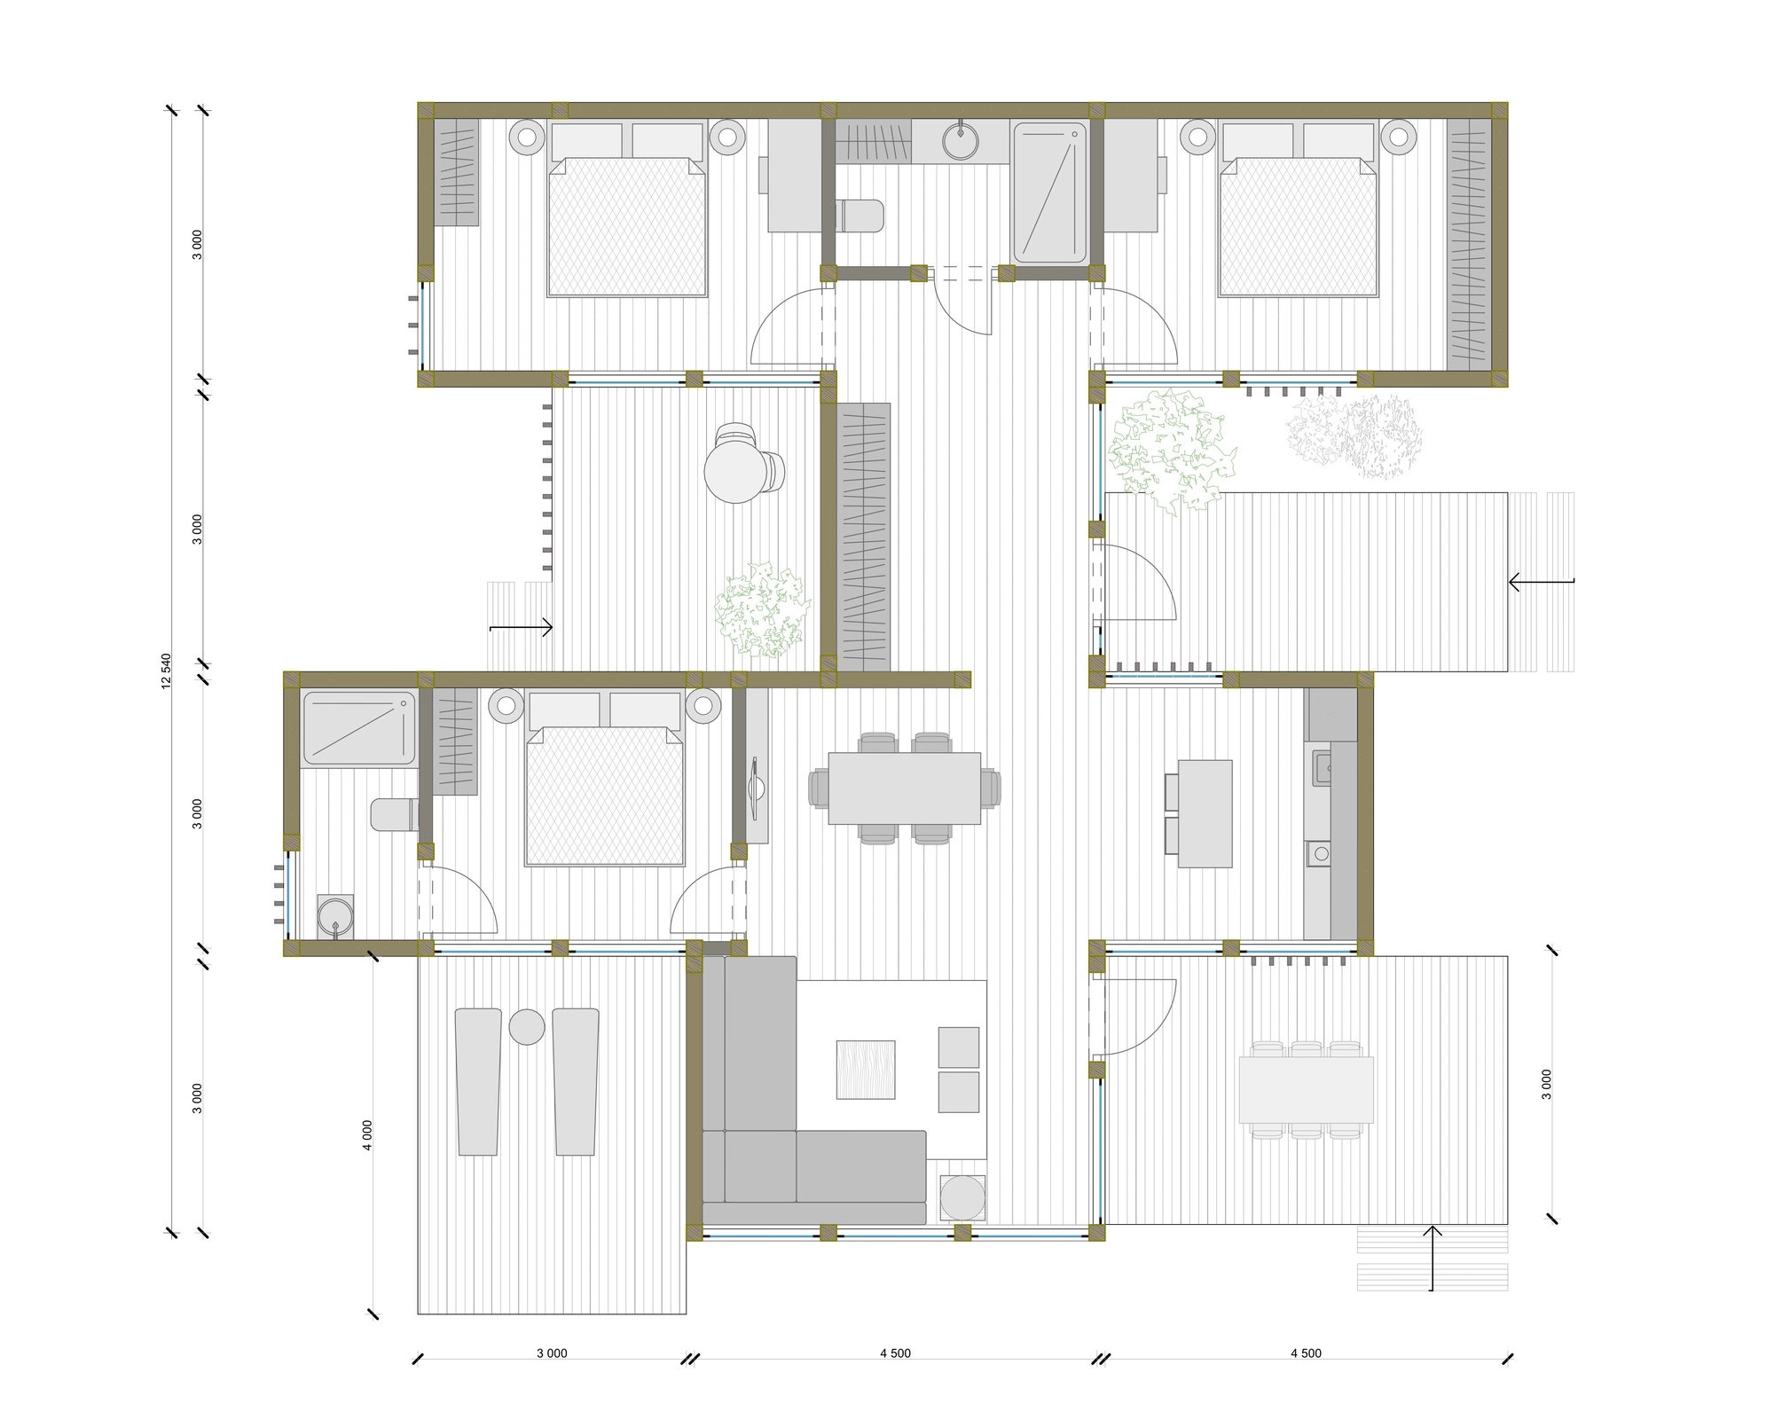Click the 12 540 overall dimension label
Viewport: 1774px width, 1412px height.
pyautogui.click(x=166, y=671)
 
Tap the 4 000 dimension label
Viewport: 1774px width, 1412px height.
pyautogui.click(x=367, y=1134)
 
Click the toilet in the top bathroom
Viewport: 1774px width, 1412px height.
pyautogui.click(x=860, y=216)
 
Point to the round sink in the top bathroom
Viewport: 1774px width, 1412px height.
pyautogui.click(x=960, y=141)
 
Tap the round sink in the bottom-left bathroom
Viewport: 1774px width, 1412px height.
pyautogui.click(x=335, y=916)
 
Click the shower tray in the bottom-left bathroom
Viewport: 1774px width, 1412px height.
pyautogui.click(x=359, y=728)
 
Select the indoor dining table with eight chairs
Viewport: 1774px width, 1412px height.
pyautogui.click(x=905, y=788)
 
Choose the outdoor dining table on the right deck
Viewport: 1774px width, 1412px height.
pyautogui.click(x=1306, y=1089)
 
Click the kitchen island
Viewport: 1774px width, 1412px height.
pyautogui.click(x=1205, y=813)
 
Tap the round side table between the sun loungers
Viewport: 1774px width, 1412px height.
pyautogui.click(x=527, y=1026)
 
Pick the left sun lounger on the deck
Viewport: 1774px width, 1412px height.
pyautogui.click(x=478, y=1081)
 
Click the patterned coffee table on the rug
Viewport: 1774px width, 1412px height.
pyautogui.click(x=866, y=1070)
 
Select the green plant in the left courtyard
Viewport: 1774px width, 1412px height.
pyautogui.click(x=763, y=609)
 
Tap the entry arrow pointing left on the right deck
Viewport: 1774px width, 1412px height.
pyautogui.click(x=1542, y=583)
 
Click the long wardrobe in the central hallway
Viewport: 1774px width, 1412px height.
pyautogui.click(x=865, y=537)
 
